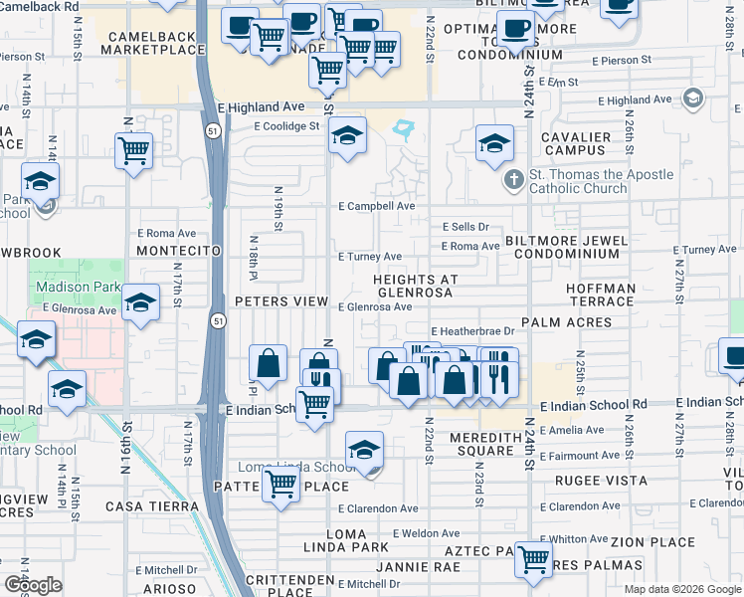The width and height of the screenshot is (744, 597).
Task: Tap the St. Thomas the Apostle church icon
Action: coord(513,180)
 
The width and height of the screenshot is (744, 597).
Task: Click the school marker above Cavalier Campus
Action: coord(494,144)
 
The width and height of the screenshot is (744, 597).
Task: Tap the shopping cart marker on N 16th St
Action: coord(133,151)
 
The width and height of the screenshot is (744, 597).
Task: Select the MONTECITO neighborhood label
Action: coord(178,252)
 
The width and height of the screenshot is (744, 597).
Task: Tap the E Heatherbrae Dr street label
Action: coord(471,331)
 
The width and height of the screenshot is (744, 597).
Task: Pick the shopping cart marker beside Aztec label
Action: coord(534,559)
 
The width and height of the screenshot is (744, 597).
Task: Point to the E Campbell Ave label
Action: coord(376,206)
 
